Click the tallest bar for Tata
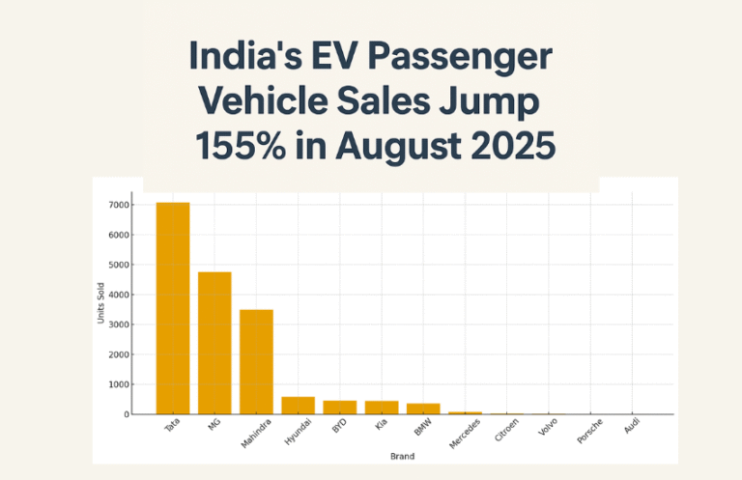(x=173, y=308)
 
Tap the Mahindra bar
(x=256, y=361)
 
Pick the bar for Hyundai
(x=298, y=406)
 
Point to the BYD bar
(x=339, y=408)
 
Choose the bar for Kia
(x=381, y=408)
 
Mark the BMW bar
(x=422, y=409)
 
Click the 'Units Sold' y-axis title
(x=101, y=309)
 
